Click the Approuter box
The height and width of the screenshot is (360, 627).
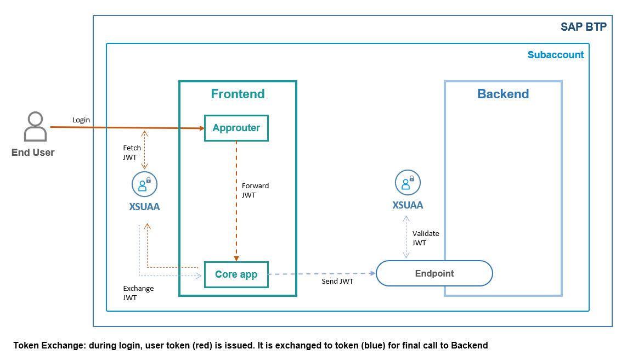pos(236,128)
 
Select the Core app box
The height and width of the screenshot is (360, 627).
pos(236,274)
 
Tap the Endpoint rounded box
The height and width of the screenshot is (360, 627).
pos(434,273)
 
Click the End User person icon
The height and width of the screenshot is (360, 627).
pos(35,127)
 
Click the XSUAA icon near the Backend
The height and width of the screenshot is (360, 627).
pos(408,183)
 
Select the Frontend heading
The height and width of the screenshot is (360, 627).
pos(238,94)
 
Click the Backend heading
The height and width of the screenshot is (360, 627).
pos(503,94)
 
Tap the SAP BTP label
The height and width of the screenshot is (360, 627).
pos(583,27)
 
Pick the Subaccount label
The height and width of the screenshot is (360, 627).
pos(555,55)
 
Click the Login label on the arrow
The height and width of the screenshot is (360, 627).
pos(81,120)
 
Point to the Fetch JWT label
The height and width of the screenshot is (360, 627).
pos(132,153)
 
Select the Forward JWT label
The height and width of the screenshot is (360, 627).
pos(255,190)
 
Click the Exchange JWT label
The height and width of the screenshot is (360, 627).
pos(138,293)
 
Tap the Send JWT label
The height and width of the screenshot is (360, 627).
pos(337,282)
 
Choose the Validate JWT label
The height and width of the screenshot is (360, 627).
pos(426,238)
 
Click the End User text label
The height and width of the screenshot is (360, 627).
pos(33,153)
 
